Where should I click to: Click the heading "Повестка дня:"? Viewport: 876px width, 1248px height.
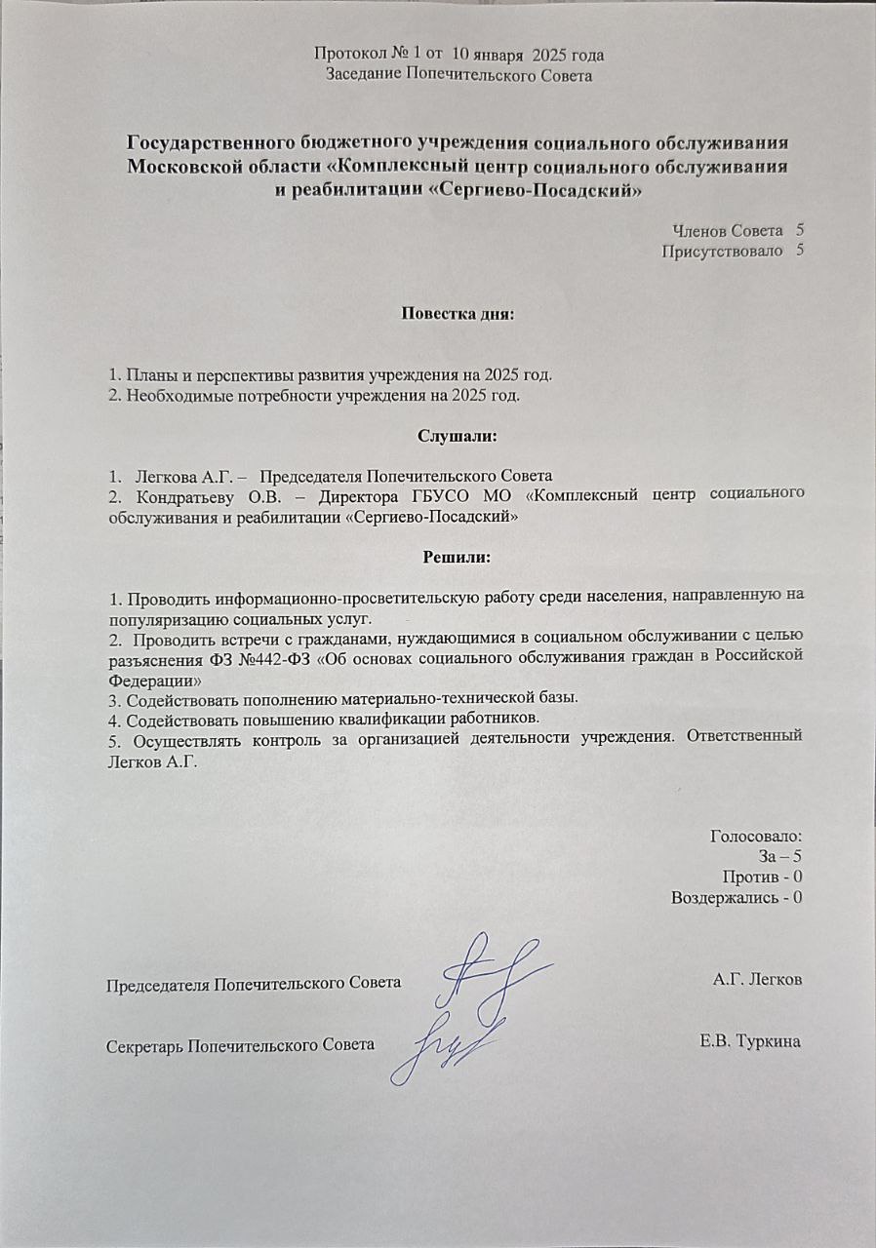[x=457, y=314]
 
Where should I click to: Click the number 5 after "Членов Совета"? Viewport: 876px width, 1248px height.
[x=800, y=230]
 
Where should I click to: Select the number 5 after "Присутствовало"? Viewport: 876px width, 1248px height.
[x=800, y=252]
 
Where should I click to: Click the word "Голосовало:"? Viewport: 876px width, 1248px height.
[x=756, y=836]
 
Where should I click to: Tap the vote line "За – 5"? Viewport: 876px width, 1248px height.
[x=779, y=856]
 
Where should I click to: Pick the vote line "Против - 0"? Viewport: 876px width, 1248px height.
[x=761, y=877]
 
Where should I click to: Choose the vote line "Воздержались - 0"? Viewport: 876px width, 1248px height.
[x=737, y=897]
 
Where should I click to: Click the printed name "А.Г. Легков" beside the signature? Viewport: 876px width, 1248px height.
[x=758, y=978]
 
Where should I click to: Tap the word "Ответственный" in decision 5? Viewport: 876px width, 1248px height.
[x=744, y=734]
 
